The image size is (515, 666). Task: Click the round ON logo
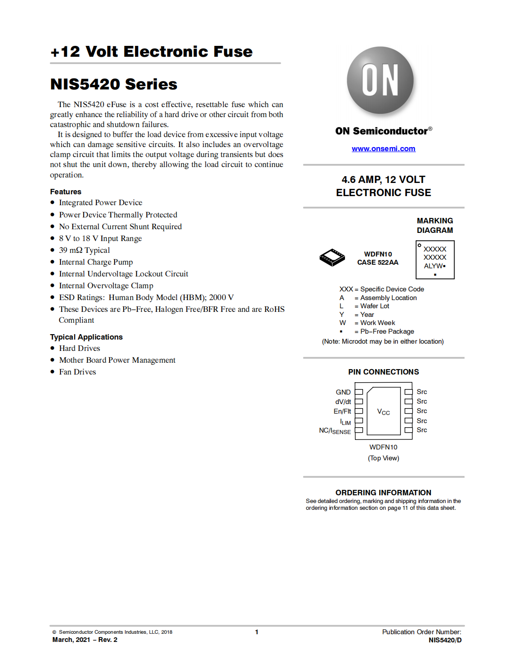click(x=380, y=80)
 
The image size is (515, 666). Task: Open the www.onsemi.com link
click(x=383, y=148)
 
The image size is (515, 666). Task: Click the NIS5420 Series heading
click(x=114, y=84)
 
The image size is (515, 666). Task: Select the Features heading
click(x=65, y=192)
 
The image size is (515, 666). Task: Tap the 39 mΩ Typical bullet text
click(x=85, y=250)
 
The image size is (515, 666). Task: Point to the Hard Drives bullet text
click(x=80, y=348)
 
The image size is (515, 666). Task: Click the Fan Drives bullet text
click(x=78, y=372)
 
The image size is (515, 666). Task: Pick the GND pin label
click(x=343, y=392)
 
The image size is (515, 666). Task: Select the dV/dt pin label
click(x=343, y=402)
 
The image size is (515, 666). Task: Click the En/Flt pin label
click(x=342, y=411)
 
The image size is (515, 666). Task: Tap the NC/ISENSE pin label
click(x=335, y=431)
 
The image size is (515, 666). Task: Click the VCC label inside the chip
click(x=383, y=412)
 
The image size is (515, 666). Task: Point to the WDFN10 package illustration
click(x=332, y=257)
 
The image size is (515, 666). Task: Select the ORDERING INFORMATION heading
click(x=383, y=493)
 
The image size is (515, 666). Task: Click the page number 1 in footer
click(x=257, y=632)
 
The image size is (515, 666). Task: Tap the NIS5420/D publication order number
click(x=445, y=640)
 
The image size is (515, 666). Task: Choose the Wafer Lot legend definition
click(x=375, y=306)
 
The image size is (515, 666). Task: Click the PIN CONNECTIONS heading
click(x=384, y=372)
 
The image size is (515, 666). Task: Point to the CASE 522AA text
click(x=378, y=262)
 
